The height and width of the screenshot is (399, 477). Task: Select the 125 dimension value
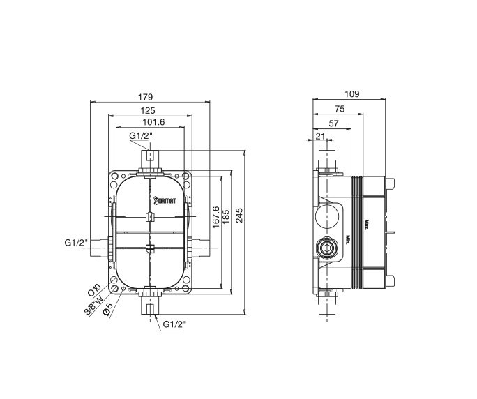tap(147, 110)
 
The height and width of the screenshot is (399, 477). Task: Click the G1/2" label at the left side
tap(75, 243)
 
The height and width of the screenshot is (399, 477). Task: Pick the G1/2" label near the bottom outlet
tap(176, 324)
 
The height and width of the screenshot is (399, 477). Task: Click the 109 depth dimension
tap(352, 93)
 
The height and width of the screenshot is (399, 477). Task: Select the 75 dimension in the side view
tap(339, 108)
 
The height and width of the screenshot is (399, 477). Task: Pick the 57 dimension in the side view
tap(333, 123)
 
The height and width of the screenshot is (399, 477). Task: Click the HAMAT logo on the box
tap(165, 198)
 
